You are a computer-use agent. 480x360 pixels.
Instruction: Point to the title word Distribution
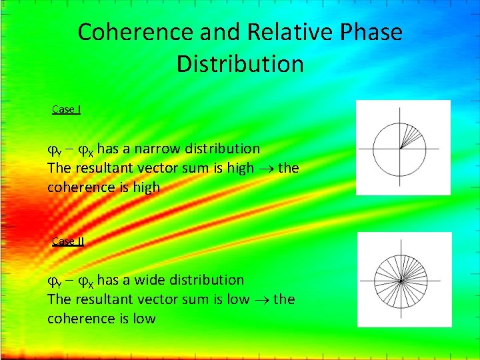[x=240, y=65]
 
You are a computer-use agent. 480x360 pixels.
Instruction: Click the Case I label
[x=67, y=109]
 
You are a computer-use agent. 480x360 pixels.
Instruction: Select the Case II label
[x=68, y=241]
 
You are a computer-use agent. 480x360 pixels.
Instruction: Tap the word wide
[x=151, y=280]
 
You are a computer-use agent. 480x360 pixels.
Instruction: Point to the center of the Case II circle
[x=400, y=281]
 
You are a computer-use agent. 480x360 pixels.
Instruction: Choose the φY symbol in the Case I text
[x=55, y=149]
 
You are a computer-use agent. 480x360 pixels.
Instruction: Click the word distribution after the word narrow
[x=223, y=148]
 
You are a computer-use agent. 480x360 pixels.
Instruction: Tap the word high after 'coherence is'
[x=146, y=187]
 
